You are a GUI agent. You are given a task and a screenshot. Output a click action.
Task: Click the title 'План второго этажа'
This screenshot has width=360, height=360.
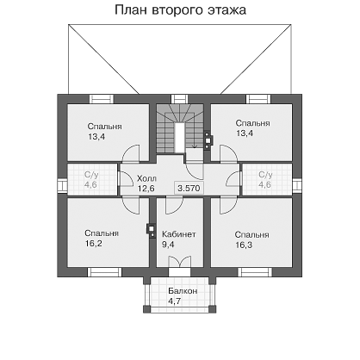tap(180, 10)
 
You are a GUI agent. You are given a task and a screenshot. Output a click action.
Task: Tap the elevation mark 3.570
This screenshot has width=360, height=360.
tap(189, 189)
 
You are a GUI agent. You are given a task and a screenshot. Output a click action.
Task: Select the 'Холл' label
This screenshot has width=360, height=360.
tap(146, 178)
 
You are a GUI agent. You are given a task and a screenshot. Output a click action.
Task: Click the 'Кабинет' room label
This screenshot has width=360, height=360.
tap(179, 234)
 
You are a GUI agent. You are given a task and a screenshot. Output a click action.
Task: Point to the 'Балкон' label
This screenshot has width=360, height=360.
tap(183, 291)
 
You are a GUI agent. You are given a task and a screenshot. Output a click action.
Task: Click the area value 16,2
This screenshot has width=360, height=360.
tap(94, 244)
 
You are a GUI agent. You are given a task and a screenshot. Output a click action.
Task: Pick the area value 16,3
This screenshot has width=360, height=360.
tap(244, 245)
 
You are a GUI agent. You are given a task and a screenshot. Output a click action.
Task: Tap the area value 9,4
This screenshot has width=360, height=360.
tap(168, 245)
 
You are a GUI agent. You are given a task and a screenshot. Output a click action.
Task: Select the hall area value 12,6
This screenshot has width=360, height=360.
tap(146, 189)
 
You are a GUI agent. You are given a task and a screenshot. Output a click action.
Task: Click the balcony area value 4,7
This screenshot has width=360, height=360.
tap(175, 301)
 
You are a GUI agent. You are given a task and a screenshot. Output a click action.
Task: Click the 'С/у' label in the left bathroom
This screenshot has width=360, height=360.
tap(90, 175)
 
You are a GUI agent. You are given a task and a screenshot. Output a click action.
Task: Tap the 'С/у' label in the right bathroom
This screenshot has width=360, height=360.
tap(265, 175)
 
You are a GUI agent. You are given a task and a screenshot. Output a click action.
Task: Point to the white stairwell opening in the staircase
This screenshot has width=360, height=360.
tap(180, 138)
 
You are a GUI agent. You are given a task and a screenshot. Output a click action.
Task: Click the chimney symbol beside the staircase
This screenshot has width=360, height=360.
tap(207, 140)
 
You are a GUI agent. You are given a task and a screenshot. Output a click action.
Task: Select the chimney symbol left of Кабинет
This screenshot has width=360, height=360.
tap(151, 230)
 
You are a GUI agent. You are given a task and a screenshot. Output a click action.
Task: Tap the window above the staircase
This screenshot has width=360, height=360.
tap(179, 99)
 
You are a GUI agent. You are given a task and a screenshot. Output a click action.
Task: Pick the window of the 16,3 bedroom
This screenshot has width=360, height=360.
tap(255, 272)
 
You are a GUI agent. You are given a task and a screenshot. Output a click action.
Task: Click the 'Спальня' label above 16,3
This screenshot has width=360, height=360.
tap(252, 235)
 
